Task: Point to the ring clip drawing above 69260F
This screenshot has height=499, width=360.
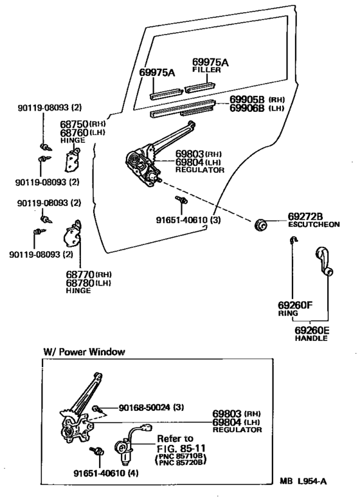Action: pyautogui.click(x=292, y=240)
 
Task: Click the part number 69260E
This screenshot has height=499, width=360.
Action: pyautogui.click(x=312, y=331)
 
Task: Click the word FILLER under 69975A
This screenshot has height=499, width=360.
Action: pyautogui.click(x=206, y=69)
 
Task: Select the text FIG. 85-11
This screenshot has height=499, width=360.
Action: pyautogui.click(x=181, y=448)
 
